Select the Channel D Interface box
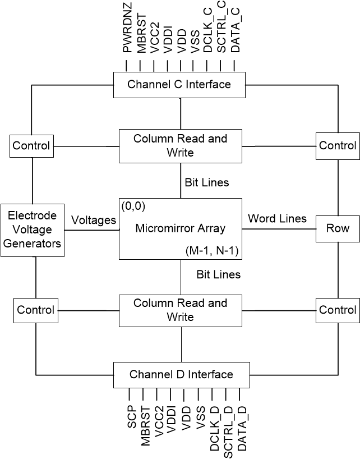[181, 374]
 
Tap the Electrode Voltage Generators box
[33, 230]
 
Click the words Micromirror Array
[181, 228]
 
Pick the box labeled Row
[338, 228]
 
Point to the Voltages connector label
[94, 221]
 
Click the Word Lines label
[277, 218]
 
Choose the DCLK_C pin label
[208, 34]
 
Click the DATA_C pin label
[236, 34]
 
